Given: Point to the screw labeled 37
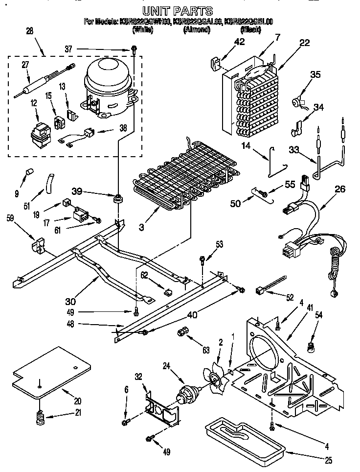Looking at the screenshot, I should point(133,49).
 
